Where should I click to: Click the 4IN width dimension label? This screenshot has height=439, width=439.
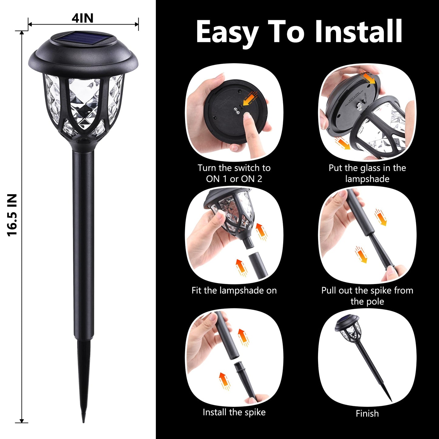(82, 18)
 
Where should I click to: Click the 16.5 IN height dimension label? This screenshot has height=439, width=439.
(12, 215)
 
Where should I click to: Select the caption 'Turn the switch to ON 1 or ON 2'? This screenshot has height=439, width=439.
(234, 173)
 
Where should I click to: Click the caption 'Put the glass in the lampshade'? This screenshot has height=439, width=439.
(367, 173)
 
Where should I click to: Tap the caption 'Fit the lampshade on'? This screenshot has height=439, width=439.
(234, 290)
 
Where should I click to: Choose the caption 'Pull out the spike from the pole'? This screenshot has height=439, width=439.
(367, 296)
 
